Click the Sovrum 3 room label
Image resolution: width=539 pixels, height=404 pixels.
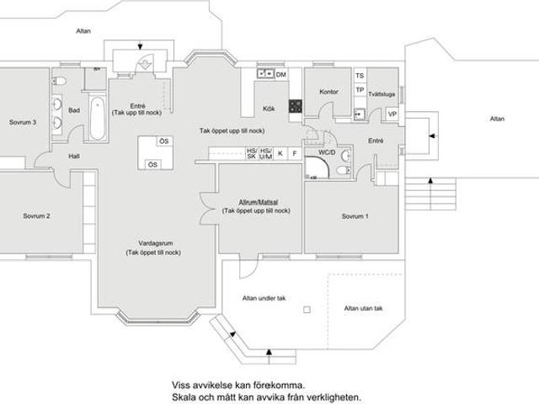(x=23, y=121)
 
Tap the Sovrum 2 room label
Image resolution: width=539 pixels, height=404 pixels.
(x=36, y=216)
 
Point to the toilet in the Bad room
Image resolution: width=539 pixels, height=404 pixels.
(x=60, y=81)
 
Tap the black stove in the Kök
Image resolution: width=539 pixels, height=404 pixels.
(x=296, y=107)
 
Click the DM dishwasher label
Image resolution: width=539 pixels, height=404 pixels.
(x=281, y=75)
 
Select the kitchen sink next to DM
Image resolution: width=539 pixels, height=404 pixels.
(x=263, y=75)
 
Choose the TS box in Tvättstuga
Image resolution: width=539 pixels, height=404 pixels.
(x=360, y=76)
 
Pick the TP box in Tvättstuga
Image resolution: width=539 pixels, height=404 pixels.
(x=360, y=90)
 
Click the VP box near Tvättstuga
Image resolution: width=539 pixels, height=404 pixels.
(x=392, y=114)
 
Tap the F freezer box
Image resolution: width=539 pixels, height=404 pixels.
(x=295, y=153)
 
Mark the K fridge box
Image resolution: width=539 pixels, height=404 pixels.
(x=280, y=153)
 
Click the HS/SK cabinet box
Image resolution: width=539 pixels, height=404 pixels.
(x=251, y=153)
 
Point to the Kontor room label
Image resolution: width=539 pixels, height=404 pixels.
(x=328, y=92)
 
